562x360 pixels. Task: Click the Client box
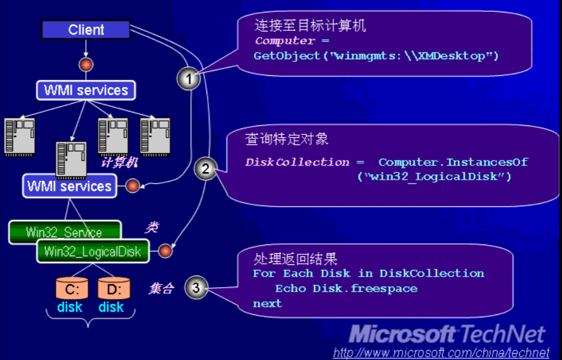coord(86,30)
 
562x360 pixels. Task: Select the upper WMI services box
coord(86,90)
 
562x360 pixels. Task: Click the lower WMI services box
coord(70,186)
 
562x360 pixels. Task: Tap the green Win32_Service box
coord(64,232)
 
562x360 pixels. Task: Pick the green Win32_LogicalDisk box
coord(93,251)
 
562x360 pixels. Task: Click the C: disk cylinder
coord(72,288)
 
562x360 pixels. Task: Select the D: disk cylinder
coord(114,288)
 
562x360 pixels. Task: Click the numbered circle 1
coord(189,78)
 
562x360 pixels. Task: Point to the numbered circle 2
coord(206,169)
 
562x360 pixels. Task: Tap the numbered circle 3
coord(196,287)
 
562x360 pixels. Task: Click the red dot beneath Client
coord(86,65)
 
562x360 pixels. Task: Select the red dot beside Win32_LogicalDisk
coord(166,251)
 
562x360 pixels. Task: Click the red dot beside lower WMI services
coord(133,186)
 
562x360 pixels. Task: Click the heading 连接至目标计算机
coord(310,25)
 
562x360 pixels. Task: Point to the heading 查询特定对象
coord(287,139)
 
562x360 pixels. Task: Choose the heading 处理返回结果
coord(295,258)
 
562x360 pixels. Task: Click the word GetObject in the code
coord(287,56)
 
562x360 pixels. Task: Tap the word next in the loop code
coord(267,304)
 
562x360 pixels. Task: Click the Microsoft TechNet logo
coord(447,334)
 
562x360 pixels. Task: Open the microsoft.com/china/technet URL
coord(441,353)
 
